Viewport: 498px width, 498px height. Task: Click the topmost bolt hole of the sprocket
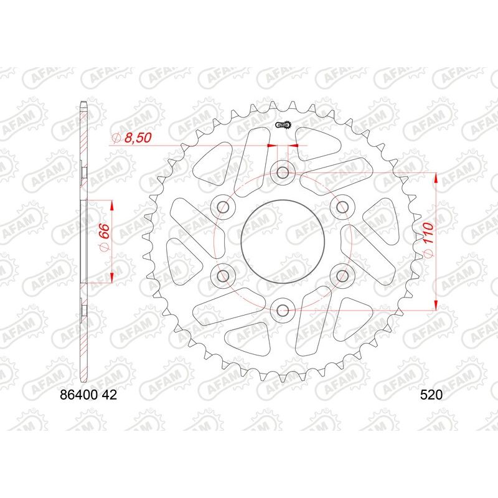(283, 171)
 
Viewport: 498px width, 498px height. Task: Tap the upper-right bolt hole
(342, 206)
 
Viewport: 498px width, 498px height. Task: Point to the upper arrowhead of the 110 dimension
(435, 179)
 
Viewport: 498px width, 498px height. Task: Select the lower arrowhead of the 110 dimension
(435, 303)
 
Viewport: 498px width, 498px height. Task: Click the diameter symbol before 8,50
(116, 138)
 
